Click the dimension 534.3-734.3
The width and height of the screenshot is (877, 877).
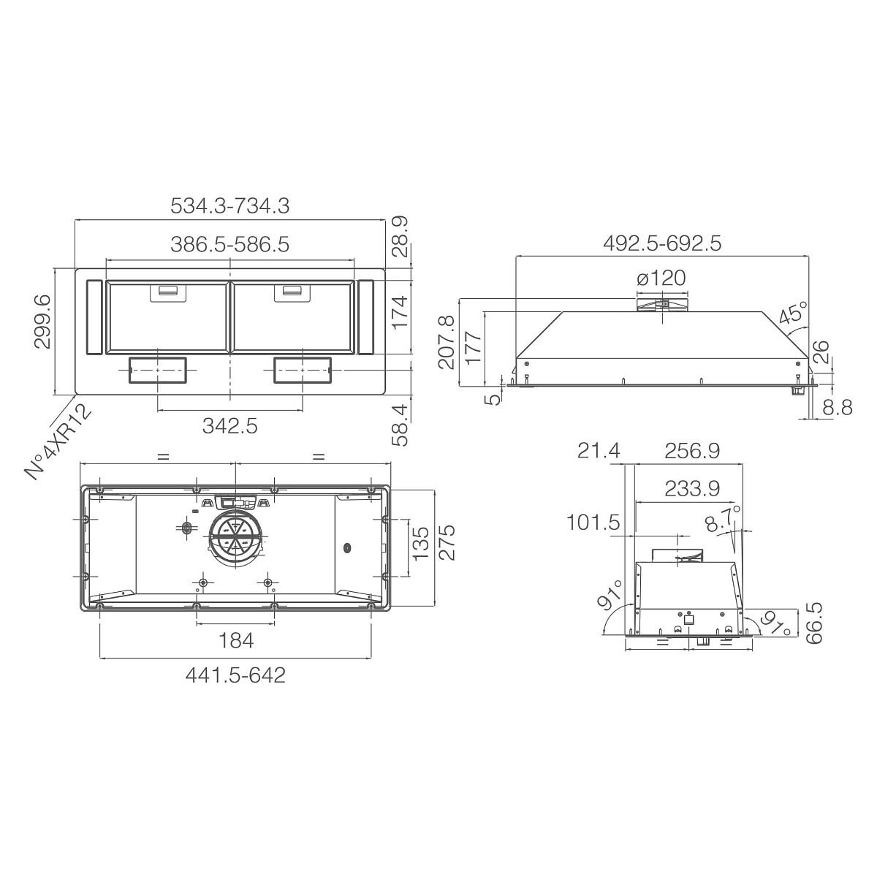click(229, 205)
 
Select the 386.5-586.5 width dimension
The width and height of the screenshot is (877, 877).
click(229, 244)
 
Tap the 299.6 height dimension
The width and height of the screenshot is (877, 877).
click(43, 321)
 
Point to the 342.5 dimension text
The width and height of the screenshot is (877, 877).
click(229, 426)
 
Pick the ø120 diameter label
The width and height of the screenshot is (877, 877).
click(661, 278)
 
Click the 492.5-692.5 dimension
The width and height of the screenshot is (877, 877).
click(662, 244)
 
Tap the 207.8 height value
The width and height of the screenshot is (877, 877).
click(447, 342)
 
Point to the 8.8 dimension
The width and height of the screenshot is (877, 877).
click(838, 408)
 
